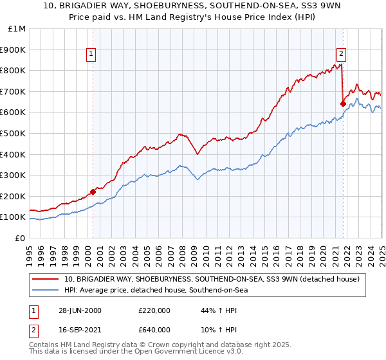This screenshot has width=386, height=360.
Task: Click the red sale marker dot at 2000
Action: coord(93,191)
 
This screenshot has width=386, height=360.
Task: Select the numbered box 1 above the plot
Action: coord(92,54)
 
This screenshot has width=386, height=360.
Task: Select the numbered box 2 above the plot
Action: coord(341,54)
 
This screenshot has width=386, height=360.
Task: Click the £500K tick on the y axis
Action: coord(14,133)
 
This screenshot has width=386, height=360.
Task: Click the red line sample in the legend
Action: coord(46,280)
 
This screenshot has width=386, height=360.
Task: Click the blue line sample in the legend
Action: coord(46,291)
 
